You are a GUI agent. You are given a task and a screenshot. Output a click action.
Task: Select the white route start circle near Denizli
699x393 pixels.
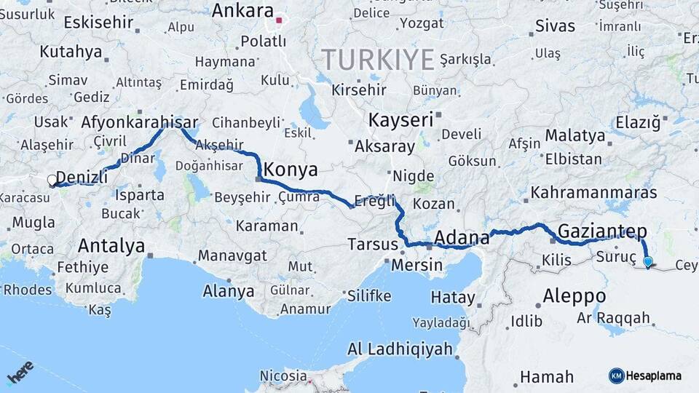coord(52,180)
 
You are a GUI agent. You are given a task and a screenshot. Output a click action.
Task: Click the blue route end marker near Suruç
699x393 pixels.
coord(647,261)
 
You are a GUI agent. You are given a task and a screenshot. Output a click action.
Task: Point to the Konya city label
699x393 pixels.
coord(291,170)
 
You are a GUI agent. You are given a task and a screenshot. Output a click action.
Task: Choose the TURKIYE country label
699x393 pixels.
coord(378,59)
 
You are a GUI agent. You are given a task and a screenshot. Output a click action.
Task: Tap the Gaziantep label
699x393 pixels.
coord(602,232)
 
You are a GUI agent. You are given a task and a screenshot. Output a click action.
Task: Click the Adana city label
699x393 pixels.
coord(462,238)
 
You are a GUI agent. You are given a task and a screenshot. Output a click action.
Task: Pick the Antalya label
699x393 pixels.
coord(111,245)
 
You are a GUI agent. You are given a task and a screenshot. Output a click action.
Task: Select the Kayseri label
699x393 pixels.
coord(401,119)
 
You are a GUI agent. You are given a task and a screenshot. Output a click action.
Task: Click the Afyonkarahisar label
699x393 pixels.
coord(141,122)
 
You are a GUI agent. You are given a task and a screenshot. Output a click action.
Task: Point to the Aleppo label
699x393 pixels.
coord(574,296)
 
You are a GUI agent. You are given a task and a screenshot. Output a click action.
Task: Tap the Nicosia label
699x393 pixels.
coord(283,376)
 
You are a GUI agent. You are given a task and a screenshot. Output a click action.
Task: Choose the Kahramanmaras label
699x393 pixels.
coord(594,193)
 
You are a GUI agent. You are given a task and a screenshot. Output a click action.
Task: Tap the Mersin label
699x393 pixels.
coord(416,265)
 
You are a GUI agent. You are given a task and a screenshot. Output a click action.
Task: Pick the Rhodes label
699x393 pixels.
coord(28,290)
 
